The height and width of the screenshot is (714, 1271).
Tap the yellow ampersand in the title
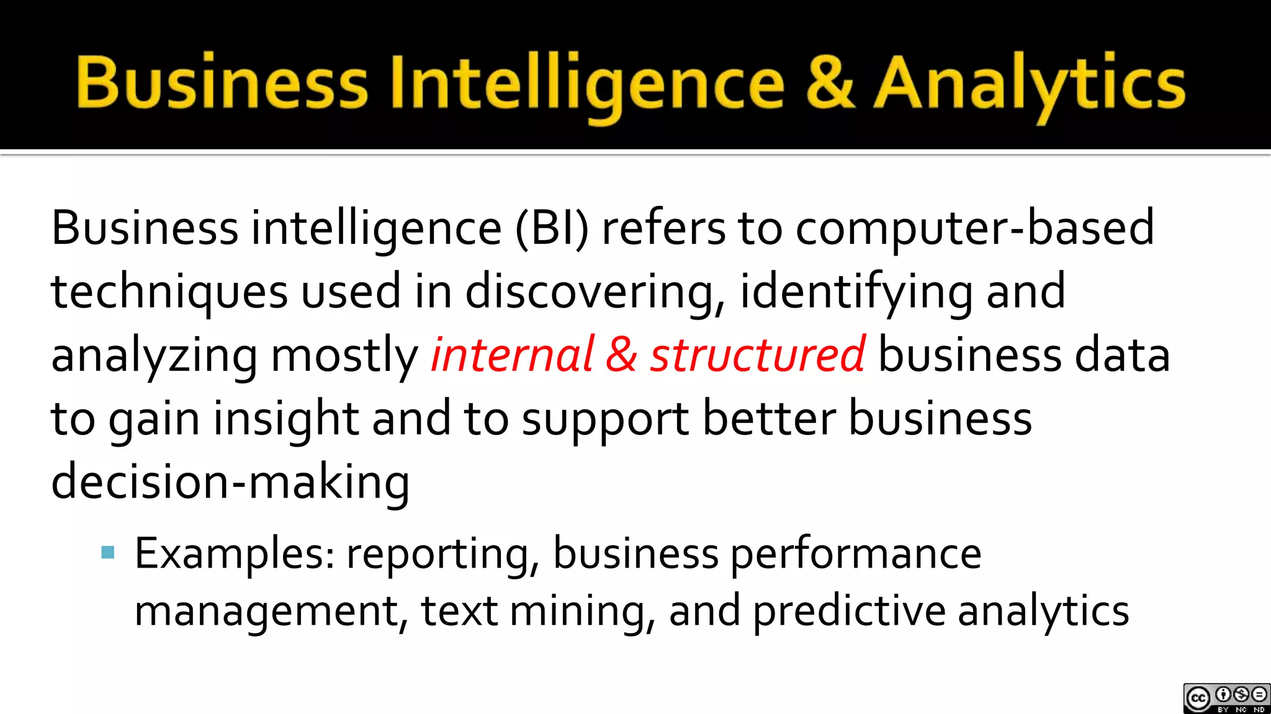click(x=832, y=84)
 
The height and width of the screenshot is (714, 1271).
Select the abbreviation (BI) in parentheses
click(x=552, y=228)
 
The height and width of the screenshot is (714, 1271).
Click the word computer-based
click(x=974, y=228)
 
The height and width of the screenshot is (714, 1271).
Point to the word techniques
click(x=169, y=292)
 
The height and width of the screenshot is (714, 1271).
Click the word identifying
click(x=856, y=292)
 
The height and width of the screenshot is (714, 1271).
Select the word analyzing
click(x=154, y=356)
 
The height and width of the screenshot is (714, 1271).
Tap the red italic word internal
click(x=513, y=355)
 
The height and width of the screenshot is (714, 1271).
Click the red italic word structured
click(x=757, y=355)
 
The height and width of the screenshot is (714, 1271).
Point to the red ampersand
click(x=621, y=355)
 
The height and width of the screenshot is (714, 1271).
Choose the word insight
click(x=285, y=419)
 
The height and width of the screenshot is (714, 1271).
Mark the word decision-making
click(x=230, y=483)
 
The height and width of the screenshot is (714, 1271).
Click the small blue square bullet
click(x=108, y=552)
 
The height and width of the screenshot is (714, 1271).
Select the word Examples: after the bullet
click(x=235, y=554)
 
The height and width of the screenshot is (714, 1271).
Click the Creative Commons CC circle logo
click(x=1198, y=699)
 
